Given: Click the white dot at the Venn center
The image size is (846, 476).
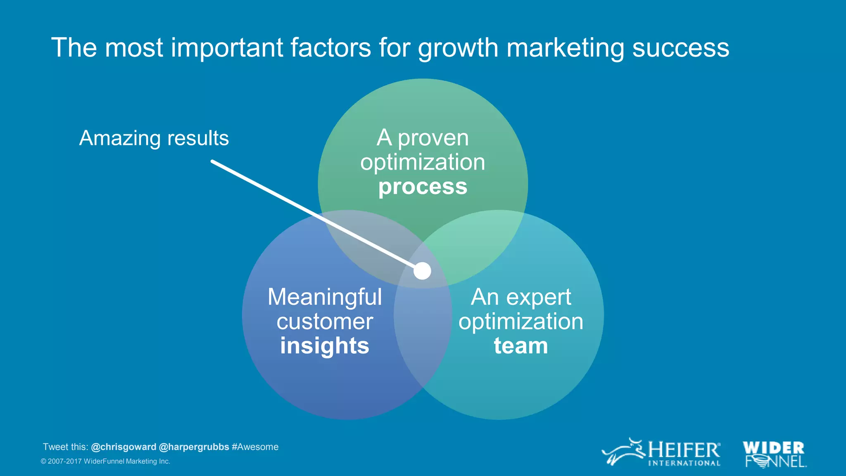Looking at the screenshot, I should tap(422, 271).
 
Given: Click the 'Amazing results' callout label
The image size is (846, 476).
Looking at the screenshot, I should tap(154, 138).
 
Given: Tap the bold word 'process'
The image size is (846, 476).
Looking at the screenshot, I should tap(423, 187).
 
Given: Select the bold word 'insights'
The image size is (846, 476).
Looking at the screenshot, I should tap(325, 346).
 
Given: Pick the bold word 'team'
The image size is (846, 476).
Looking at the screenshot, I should tap(521, 346).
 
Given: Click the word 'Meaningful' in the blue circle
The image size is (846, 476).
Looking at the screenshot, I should tap(325, 297).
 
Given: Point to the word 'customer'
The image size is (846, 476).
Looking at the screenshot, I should tap(325, 322).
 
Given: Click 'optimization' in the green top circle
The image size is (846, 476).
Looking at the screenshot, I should tap(423, 162).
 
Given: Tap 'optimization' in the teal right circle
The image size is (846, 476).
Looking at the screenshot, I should tap(521, 322).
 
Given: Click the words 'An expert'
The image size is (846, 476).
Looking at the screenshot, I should tap(521, 297).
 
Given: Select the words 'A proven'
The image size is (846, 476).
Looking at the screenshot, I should tap(423, 138).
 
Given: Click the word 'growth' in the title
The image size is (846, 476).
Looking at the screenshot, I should tap(458, 48).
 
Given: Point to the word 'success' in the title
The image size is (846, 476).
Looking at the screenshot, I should tap(680, 48).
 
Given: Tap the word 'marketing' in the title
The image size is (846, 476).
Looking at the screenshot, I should tap(565, 48).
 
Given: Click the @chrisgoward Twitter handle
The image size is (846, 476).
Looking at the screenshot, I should tap(124, 447).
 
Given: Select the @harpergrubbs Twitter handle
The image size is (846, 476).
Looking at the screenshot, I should tap(194, 447).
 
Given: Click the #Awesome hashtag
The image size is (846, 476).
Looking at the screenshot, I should tap(255, 447).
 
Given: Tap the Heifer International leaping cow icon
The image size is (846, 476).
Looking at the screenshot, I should tap(623, 452).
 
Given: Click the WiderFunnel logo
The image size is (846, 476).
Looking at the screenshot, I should tap(774, 454).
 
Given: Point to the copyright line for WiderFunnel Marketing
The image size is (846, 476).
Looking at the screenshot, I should tap(105, 462).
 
